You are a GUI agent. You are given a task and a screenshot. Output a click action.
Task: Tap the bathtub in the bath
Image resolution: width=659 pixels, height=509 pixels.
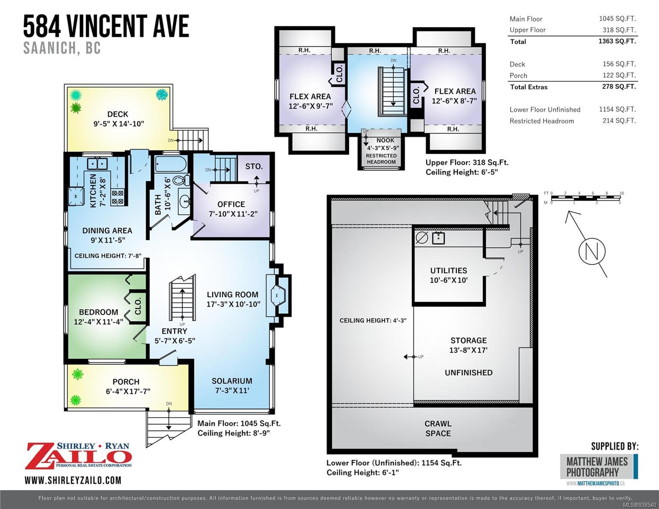171,164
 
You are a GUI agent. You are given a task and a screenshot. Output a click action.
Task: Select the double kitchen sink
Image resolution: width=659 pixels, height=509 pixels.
97,164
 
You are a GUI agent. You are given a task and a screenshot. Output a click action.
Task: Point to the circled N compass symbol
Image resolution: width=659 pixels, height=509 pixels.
592,251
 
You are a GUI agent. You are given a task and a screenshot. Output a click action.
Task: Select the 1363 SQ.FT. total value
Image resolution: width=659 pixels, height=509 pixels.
617,41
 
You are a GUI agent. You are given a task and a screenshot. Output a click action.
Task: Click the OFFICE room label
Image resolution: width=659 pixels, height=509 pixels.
231,204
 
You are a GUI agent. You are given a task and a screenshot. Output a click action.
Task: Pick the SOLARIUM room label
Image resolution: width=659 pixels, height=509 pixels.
232,381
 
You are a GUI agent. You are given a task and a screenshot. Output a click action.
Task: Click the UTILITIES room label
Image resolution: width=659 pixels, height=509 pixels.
449,271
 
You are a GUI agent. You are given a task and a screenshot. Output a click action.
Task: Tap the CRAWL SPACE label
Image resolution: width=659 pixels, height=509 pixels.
438,428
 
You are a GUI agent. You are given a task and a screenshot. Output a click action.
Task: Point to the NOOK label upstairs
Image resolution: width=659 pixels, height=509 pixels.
385,140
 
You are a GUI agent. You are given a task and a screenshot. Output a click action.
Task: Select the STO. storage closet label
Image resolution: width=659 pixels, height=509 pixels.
254,166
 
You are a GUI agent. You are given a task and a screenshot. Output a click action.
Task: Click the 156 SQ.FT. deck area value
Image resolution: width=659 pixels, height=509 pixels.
619,64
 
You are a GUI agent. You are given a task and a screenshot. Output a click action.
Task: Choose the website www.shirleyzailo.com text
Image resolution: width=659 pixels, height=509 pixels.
73,481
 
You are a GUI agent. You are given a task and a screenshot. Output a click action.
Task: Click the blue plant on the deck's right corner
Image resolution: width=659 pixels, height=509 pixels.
162,95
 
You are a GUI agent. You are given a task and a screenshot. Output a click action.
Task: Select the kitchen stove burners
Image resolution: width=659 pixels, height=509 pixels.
118,197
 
